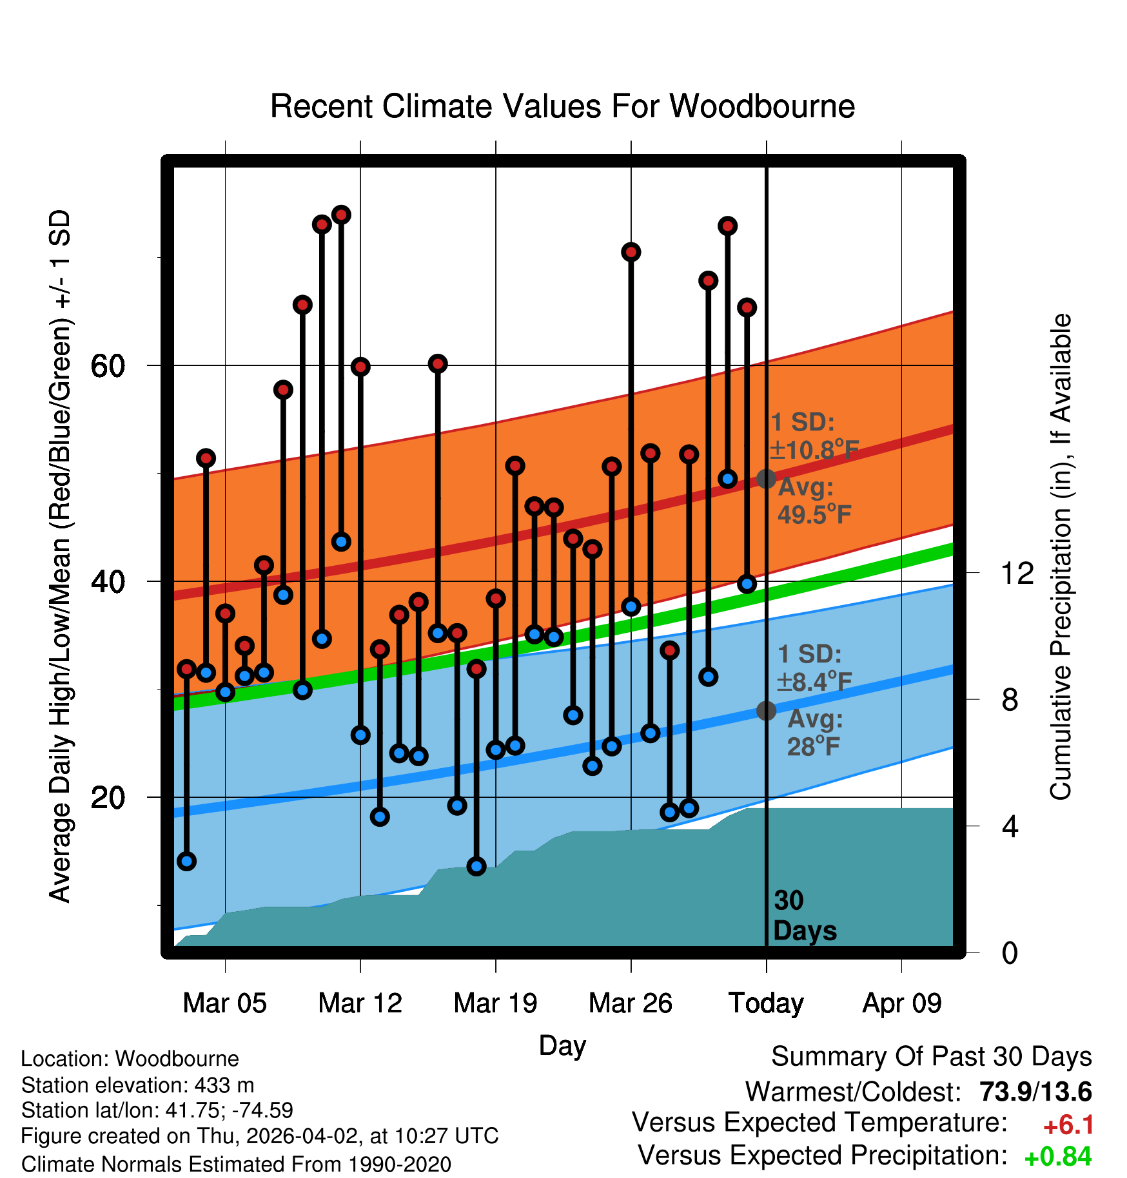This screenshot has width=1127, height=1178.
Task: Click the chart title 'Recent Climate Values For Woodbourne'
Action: [x=562, y=107]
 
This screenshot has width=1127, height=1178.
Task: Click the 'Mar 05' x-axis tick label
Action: [x=224, y=1003]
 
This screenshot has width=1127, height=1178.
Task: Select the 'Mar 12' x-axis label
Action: [x=360, y=1003]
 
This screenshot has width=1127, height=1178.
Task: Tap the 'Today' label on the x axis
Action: [x=766, y=1003]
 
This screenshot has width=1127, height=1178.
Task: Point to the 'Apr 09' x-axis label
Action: [x=901, y=1003]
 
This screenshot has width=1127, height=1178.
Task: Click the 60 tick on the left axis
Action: [x=108, y=367]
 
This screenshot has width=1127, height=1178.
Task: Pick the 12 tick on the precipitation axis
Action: [x=1017, y=573]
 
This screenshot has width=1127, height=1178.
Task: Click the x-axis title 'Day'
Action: [x=562, y=1045]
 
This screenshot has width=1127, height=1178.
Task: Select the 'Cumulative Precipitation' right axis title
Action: [x=1060, y=557]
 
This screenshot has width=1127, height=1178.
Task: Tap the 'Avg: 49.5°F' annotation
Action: [x=814, y=501]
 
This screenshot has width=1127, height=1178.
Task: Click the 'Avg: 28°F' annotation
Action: [x=814, y=733]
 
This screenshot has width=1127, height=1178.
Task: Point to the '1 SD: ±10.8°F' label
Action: [x=814, y=436]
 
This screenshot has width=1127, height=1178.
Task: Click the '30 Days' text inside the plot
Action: [x=804, y=916]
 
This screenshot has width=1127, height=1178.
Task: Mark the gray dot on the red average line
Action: [x=766, y=479]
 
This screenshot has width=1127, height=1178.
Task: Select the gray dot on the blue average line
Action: [x=766, y=711]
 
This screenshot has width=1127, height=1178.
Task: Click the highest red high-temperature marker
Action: [x=341, y=215]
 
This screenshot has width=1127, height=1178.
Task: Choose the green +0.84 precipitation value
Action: [x=1057, y=1157]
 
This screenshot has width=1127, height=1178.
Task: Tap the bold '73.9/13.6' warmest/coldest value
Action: [x=1035, y=1092]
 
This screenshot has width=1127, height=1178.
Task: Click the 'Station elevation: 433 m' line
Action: [x=137, y=1085]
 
